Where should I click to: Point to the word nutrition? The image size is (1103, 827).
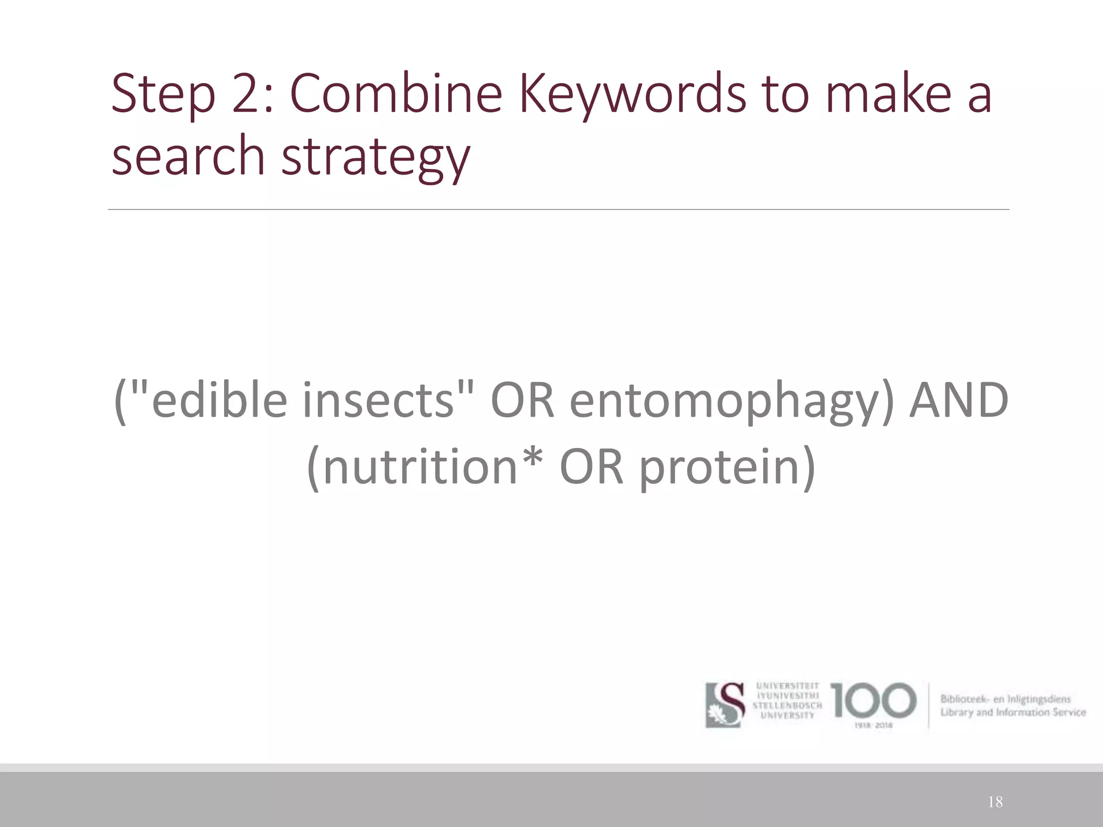tap(421, 466)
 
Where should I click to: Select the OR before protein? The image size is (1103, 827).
tap(591, 466)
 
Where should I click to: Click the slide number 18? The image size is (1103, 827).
tap(995, 802)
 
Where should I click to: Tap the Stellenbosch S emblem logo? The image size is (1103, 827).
tap(725, 705)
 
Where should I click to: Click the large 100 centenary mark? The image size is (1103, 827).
tap(873, 700)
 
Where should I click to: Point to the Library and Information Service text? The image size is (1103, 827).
tap(1013, 712)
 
